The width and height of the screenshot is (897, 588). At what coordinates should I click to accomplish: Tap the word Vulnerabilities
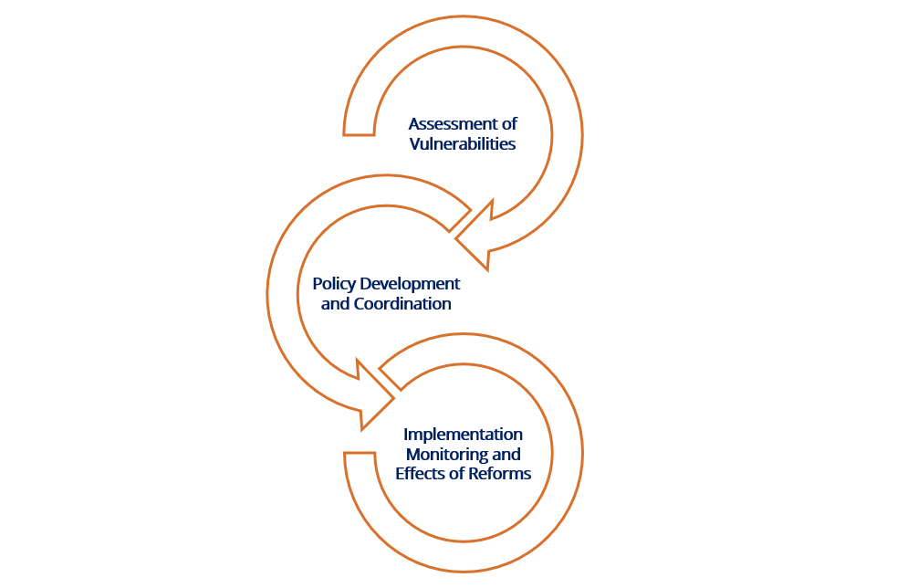click(x=463, y=143)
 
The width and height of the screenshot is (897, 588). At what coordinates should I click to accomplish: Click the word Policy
click(x=334, y=284)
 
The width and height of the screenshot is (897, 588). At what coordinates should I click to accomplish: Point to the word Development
click(x=410, y=284)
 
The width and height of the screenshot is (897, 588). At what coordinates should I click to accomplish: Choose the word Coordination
click(x=402, y=303)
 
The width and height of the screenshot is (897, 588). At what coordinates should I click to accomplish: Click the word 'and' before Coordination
click(x=335, y=303)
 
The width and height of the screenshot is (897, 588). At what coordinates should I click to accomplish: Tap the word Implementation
click(x=463, y=435)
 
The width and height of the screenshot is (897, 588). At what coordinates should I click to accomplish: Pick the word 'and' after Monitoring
click(x=506, y=455)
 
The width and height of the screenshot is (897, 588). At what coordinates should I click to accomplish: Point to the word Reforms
click(x=499, y=474)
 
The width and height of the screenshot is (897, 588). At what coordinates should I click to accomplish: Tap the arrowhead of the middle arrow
click(x=371, y=395)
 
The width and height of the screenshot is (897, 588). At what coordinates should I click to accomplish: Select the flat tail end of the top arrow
click(x=359, y=135)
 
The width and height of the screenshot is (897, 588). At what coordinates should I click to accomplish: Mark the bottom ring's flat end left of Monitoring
click(x=360, y=453)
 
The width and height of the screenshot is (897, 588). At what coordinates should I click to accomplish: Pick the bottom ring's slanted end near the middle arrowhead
click(x=391, y=379)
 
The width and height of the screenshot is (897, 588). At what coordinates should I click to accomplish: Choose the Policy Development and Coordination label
click(x=386, y=294)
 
